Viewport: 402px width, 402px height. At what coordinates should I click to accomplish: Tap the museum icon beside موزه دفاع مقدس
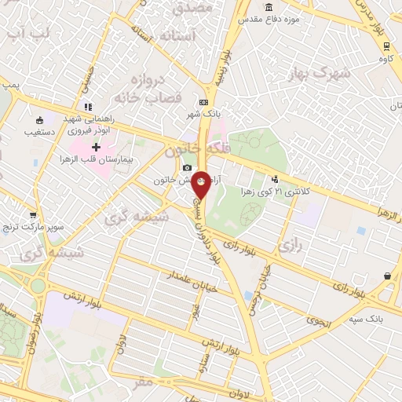(269, 7)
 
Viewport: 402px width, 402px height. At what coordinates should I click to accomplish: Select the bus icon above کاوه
(385, 45)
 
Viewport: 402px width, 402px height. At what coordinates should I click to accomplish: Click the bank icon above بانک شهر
(204, 102)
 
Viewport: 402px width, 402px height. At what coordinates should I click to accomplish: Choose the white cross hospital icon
(96, 147)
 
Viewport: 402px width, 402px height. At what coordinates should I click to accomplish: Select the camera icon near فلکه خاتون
(187, 167)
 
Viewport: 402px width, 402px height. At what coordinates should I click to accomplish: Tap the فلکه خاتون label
(187, 148)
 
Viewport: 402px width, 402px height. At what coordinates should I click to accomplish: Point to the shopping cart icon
(32, 215)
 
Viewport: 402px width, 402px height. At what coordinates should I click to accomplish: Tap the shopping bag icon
(388, 276)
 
